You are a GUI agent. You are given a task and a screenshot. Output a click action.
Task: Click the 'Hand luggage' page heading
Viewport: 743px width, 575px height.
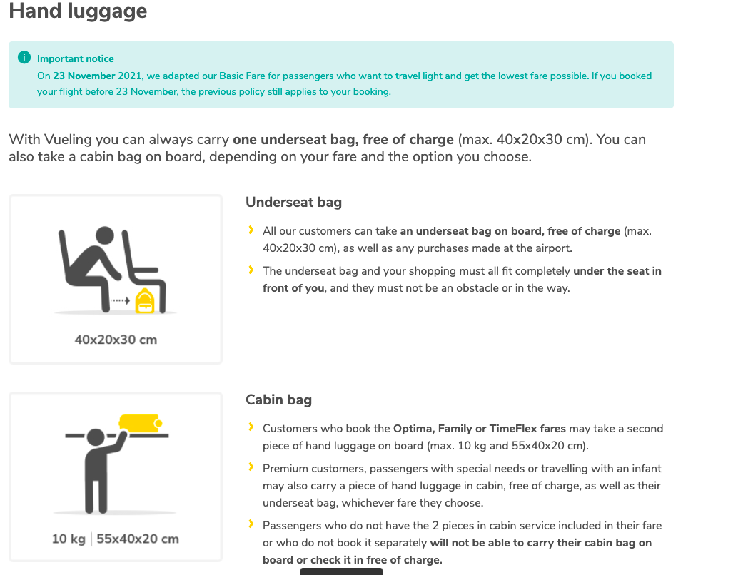[79, 11]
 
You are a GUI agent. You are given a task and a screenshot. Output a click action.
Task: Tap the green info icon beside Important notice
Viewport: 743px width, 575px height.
[24, 57]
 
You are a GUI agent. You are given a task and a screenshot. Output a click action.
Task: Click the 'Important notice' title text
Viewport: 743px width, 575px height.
[76, 58]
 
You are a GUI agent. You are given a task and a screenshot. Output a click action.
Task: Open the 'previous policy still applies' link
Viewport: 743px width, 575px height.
[285, 91]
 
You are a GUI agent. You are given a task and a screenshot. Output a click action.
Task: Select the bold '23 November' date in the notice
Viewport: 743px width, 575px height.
[84, 76]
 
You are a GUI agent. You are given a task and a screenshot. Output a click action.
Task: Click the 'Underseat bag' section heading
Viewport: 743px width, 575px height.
[294, 202]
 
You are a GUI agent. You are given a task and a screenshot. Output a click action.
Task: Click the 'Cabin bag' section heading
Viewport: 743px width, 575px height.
[278, 400]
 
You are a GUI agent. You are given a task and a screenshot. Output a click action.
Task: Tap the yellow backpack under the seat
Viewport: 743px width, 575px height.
[145, 302]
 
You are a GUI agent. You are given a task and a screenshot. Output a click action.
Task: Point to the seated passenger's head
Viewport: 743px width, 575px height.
[105, 235]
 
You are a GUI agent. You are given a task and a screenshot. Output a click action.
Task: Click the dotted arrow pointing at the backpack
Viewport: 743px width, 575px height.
[121, 300]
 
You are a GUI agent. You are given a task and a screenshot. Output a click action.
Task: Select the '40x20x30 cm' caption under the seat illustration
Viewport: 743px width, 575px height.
[116, 340]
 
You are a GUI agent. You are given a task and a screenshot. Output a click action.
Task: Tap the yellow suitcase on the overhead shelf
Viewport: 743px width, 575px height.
[141, 424]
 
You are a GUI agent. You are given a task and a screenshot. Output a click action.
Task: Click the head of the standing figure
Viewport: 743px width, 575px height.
[96, 437]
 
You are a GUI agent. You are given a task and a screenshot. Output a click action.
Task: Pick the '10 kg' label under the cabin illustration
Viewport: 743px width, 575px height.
[69, 539]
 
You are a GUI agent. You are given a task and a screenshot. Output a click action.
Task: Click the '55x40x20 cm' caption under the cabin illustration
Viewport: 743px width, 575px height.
[138, 539]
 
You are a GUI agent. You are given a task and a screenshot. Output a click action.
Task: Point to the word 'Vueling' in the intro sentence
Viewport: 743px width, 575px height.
[68, 140]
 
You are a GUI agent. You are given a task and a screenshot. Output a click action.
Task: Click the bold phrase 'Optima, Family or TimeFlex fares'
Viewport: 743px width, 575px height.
[480, 429]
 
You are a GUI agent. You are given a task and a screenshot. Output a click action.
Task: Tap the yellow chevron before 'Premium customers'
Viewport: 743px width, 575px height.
[251, 467]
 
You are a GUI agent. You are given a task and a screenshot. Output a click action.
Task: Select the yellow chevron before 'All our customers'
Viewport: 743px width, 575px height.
[251, 230]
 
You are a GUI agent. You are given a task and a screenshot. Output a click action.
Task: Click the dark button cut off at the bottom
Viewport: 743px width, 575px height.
[341, 571]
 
